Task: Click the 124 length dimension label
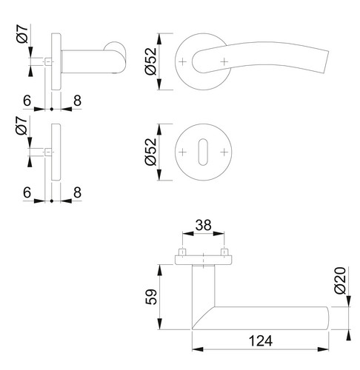pos(260,340)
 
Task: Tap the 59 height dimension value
pos(151,297)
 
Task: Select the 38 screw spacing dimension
pos(203,225)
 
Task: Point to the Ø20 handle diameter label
pos(340,280)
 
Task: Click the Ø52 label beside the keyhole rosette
pos(151,152)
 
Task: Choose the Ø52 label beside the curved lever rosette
pos(151,61)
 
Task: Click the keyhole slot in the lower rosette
pos(203,152)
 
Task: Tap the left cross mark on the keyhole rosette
pos(182,152)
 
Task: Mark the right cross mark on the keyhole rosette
pos(224,152)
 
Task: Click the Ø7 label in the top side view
pos(23,34)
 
